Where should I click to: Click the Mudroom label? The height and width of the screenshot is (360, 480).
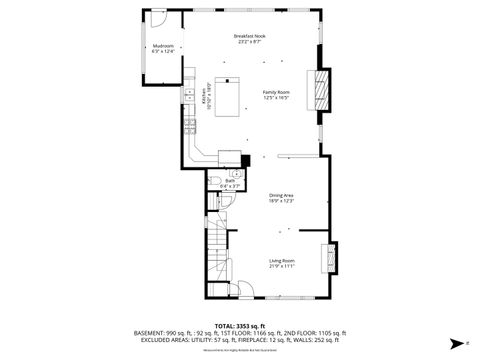tap(163, 47)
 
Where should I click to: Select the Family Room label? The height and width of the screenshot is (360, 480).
tap(275, 92)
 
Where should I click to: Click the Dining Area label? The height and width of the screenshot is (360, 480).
tap(281, 195)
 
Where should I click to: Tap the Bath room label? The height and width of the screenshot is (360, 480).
tap(230, 180)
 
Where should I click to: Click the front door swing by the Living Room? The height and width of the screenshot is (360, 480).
tap(245, 292)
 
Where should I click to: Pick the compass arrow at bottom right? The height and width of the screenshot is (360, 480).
tap(454, 341)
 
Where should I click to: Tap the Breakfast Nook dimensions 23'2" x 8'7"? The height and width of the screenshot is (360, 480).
tap(249, 42)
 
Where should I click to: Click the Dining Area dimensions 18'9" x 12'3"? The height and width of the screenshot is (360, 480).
tap(281, 201)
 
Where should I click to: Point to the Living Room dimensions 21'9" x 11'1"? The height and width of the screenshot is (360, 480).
tap(281, 266)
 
